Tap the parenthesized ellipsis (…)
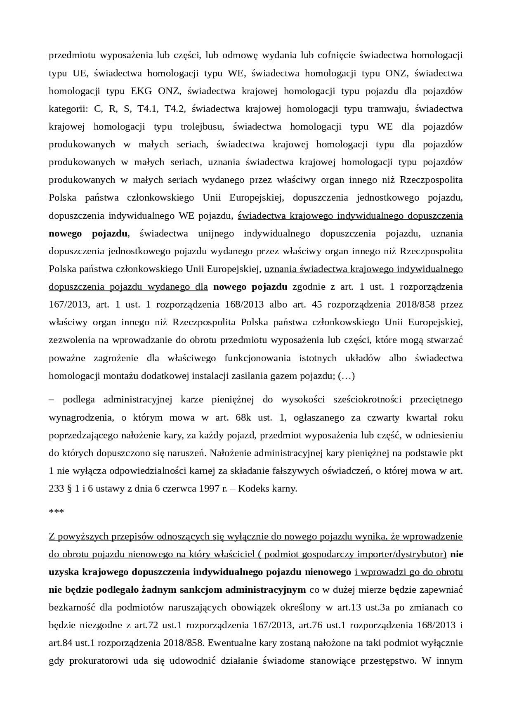tap(346, 376)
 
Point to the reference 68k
tap(243, 417)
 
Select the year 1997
tap(209, 488)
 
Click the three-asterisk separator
tap(56, 512)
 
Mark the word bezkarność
tap(72, 607)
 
